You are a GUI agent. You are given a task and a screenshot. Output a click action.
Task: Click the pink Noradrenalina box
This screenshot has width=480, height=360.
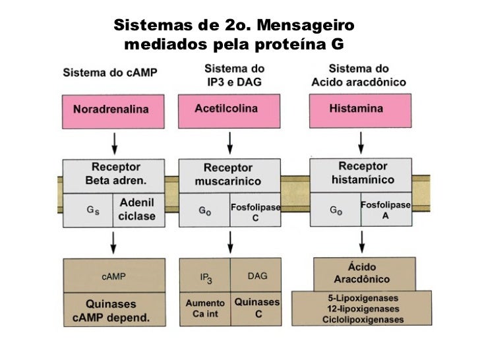(x=113, y=111)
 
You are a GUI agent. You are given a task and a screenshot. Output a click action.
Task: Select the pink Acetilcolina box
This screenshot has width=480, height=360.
(x=229, y=110)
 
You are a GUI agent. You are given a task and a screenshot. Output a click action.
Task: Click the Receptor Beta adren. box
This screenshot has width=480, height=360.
(x=113, y=175)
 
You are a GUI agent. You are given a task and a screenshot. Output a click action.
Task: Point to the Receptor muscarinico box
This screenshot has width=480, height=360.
(x=229, y=175)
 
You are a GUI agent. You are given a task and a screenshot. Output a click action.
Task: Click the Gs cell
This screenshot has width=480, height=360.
(x=87, y=211)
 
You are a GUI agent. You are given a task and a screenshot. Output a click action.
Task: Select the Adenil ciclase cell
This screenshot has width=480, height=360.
(x=138, y=211)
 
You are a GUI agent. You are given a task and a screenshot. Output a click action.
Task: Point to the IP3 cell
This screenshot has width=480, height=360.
(x=205, y=278)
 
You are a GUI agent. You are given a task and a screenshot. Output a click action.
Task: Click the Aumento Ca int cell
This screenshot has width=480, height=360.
(x=205, y=309)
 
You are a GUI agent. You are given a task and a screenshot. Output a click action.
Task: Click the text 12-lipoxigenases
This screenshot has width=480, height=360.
(x=363, y=309)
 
